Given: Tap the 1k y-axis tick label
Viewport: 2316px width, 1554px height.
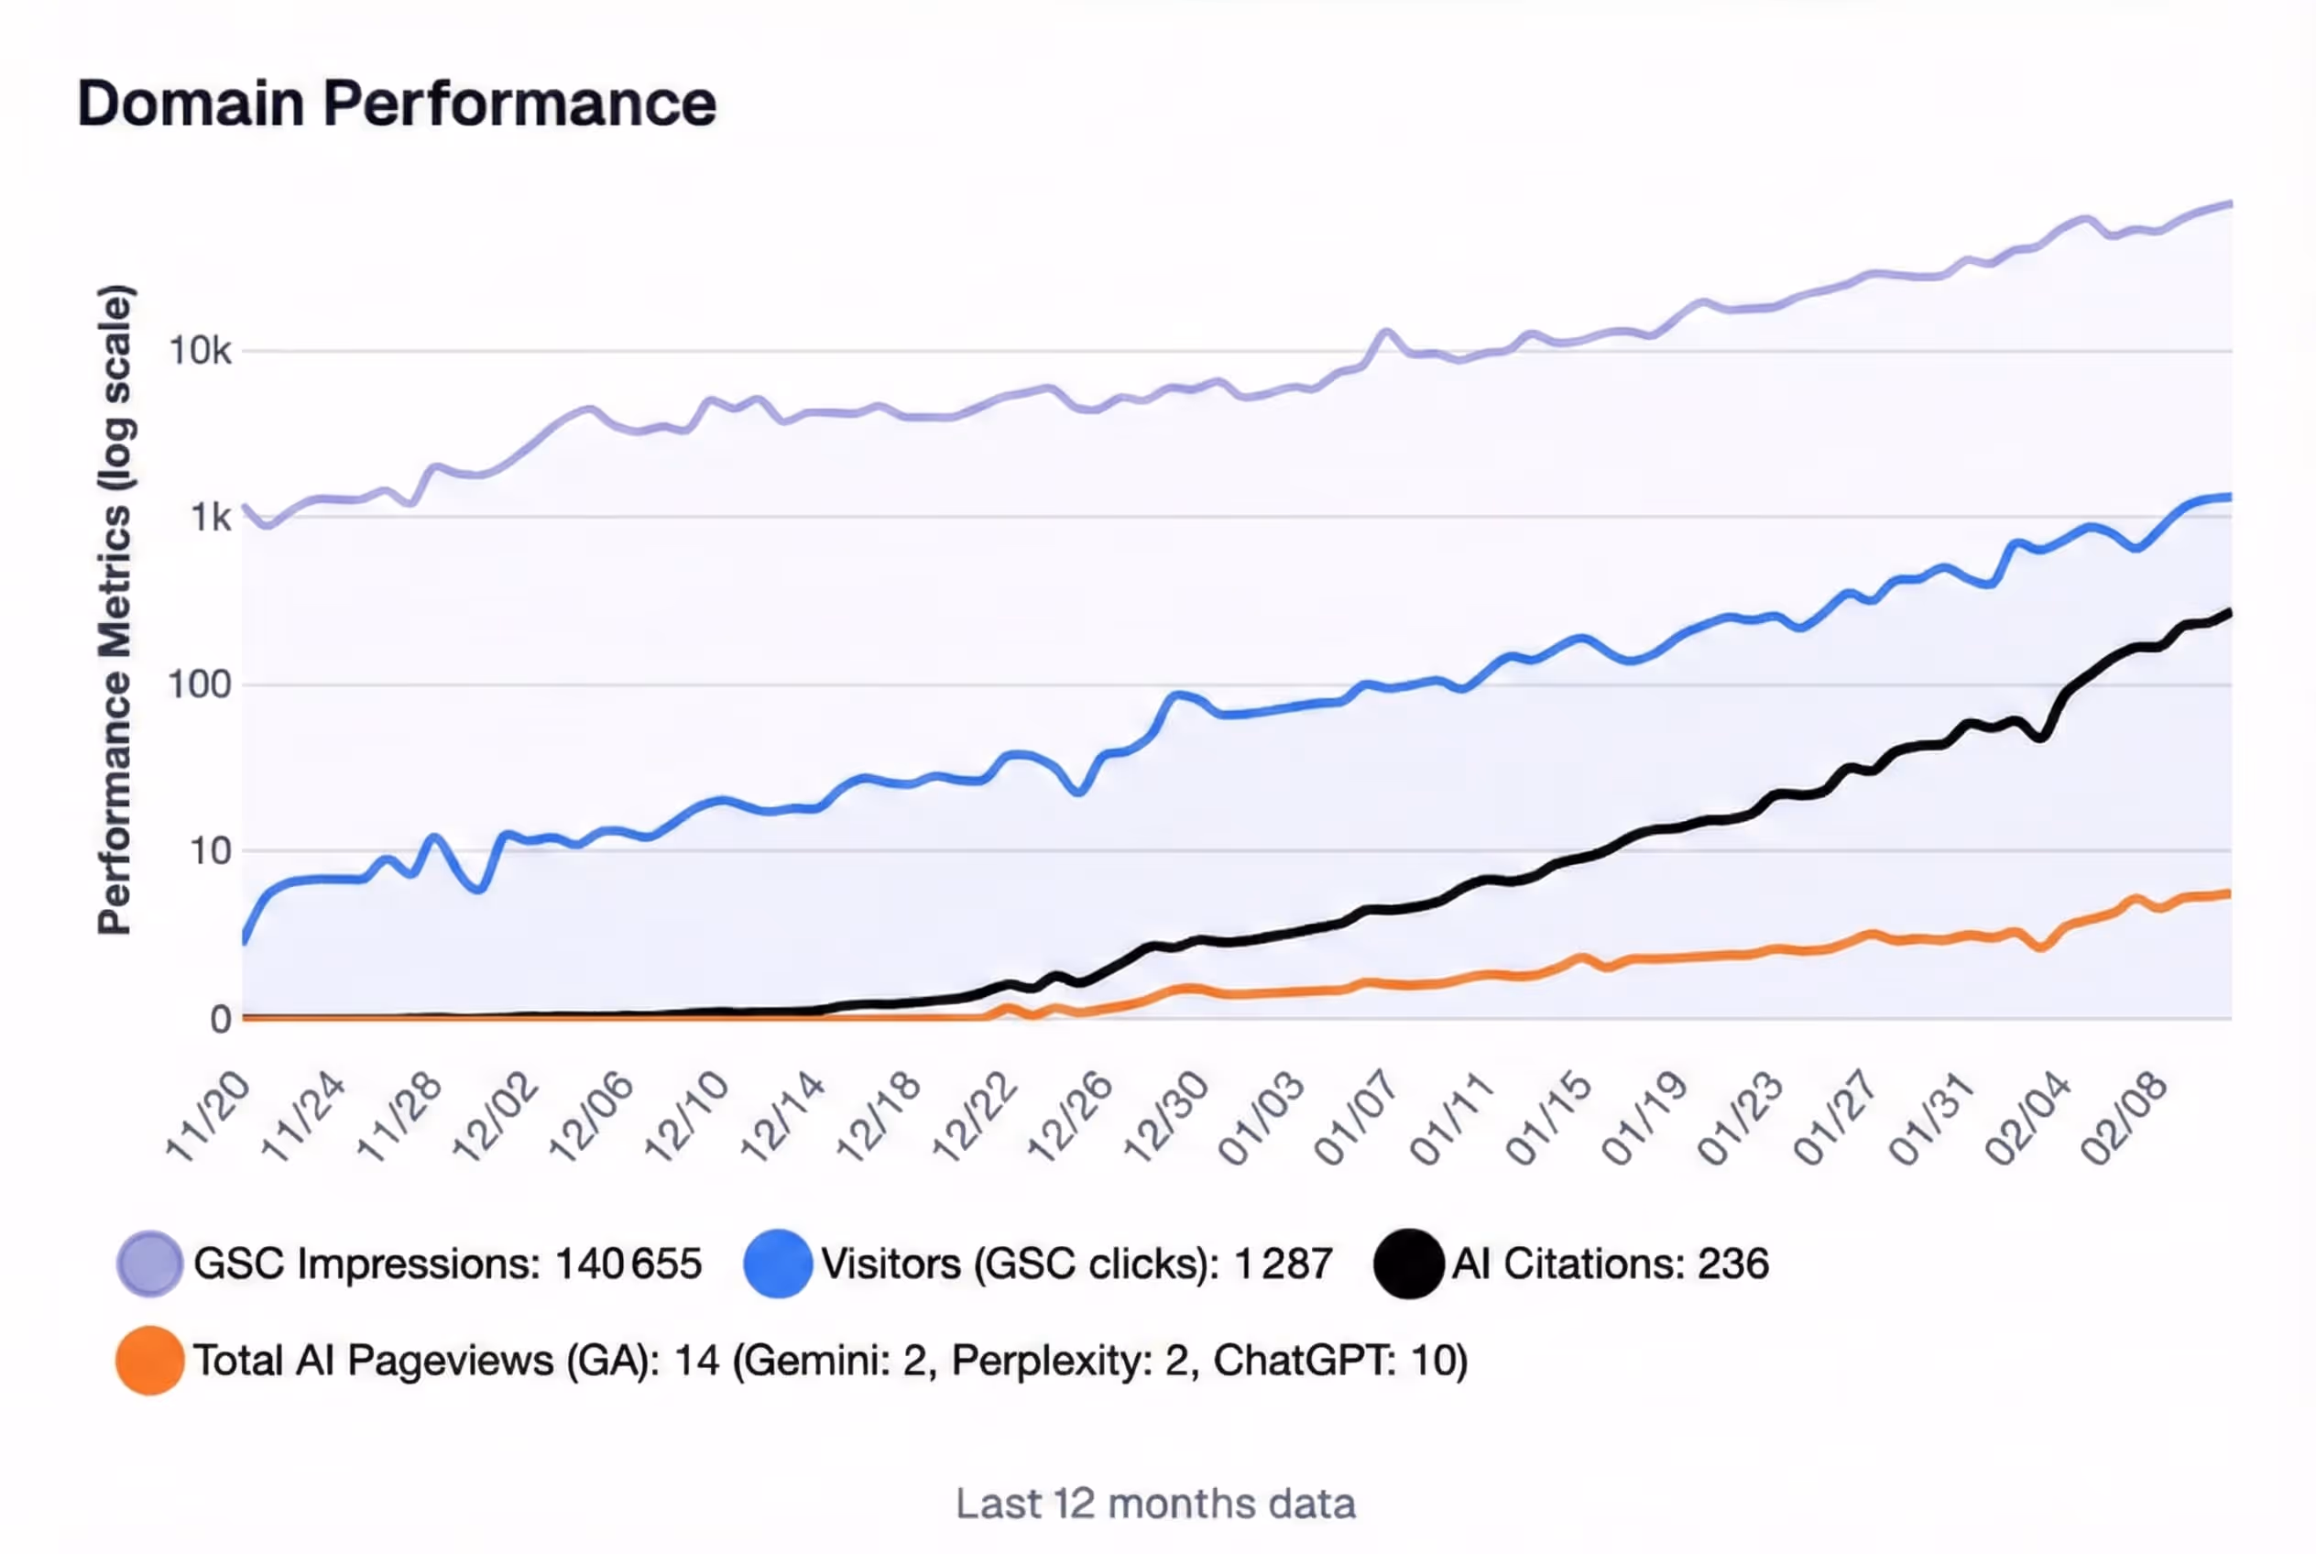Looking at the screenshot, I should (x=210, y=518).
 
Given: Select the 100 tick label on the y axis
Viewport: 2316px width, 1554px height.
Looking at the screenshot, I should (x=199, y=684).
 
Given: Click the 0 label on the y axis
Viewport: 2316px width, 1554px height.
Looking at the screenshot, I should (x=220, y=1020).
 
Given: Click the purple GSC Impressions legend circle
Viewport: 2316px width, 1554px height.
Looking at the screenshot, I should (x=149, y=1264).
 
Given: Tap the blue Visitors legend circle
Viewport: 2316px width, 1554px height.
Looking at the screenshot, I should (x=778, y=1264).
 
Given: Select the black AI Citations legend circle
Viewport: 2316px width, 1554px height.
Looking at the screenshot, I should (x=1408, y=1264).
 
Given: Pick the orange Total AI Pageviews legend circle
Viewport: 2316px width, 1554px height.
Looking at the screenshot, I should (x=149, y=1361).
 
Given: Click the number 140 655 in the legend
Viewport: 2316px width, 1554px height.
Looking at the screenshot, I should (x=628, y=1264).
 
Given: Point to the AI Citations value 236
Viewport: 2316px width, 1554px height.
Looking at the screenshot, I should (x=1733, y=1264).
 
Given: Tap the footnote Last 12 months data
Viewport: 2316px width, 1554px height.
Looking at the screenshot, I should (x=1155, y=1504).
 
